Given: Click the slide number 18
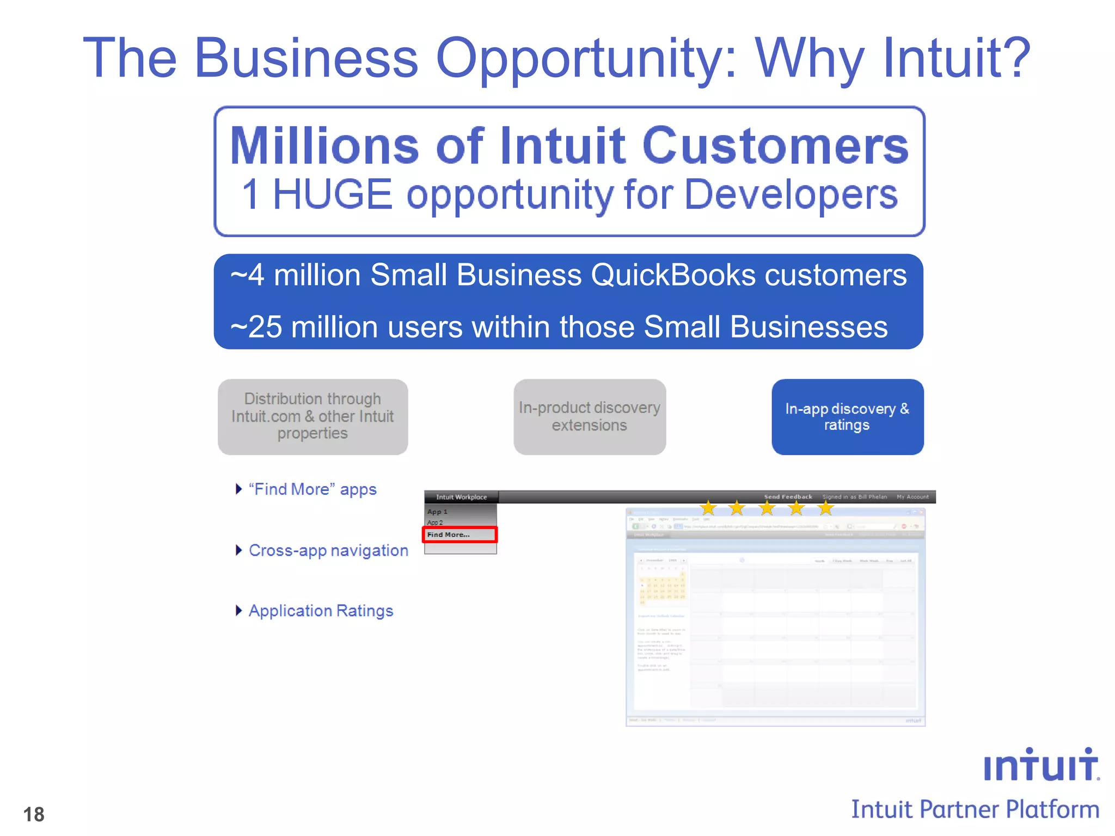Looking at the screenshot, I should (34, 814).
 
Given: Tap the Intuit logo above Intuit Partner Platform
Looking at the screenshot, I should (1040, 765).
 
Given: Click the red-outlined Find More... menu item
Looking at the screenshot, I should (460, 534).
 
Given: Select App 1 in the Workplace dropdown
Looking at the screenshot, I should (437, 512).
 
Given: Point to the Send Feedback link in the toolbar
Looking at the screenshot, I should (788, 496).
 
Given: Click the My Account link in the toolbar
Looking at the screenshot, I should (912, 496).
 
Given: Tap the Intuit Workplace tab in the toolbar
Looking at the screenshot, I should (461, 497).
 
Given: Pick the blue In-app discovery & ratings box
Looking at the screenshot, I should (847, 417).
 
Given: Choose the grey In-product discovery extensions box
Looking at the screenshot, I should (589, 417).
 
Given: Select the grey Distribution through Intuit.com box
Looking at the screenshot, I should (313, 417).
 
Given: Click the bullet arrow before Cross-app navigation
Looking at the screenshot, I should (238, 550).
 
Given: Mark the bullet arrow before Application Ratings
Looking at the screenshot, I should (238, 611).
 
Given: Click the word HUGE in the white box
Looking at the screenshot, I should (332, 194).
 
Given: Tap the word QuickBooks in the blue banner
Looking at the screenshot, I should (672, 274).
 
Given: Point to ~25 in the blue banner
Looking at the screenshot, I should (256, 327).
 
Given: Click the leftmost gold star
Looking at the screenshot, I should (708, 508).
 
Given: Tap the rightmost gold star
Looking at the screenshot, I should (825, 508).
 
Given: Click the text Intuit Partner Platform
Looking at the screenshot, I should (975, 809).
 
